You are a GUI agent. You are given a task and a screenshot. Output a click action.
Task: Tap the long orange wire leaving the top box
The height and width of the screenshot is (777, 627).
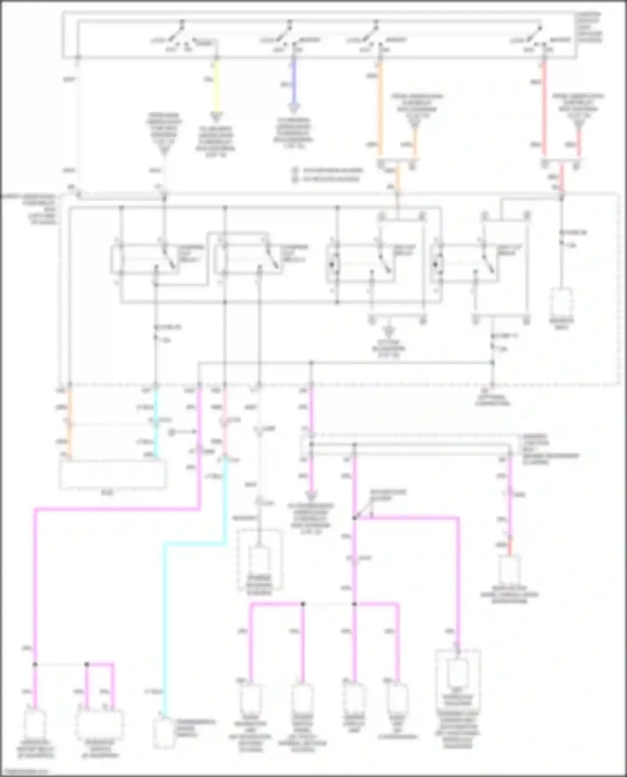(380, 109)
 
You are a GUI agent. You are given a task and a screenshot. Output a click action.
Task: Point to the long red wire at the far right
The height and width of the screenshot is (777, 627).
(544, 109)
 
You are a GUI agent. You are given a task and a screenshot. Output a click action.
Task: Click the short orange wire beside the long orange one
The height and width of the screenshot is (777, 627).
(415, 142)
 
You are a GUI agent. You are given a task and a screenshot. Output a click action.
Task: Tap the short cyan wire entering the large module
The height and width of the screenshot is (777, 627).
(155, 443)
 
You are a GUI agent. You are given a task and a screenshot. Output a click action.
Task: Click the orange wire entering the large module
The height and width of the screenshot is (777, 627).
(69, 443)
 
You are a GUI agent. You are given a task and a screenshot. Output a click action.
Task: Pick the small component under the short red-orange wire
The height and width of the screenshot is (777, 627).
(509, 570)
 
